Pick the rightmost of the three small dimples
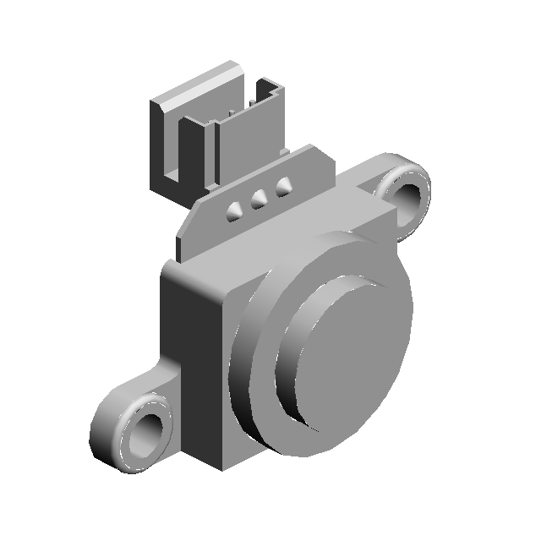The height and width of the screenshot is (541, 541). point(283,186)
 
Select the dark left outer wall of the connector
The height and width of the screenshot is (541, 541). point(165,144)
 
